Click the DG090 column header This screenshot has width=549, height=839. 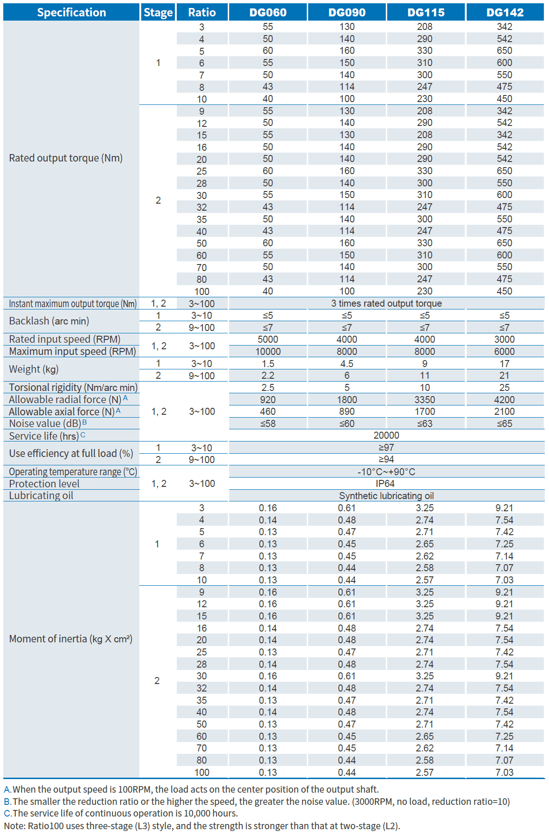pyautogui.click(x=347, y=12)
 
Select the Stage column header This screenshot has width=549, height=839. pyautogui.click(x=158, y=12)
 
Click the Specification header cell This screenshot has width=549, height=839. pyautogui.click(x=72, y=12)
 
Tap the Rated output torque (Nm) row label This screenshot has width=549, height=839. pyautogui.click(x=66, y=158)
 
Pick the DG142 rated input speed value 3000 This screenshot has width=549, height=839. pyautogui.click(x=504, y=339)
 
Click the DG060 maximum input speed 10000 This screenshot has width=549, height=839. pyautogui.click(x=268, y=352)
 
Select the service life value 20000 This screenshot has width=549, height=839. pyautogui.click(x=386, y=435)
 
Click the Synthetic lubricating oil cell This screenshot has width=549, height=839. pyautogui.click(x=386, y=496)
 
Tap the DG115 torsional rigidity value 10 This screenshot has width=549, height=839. pyautogui.click(x=425, y=388)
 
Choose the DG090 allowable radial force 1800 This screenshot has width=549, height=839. pyautogui.click(x=347, y=400)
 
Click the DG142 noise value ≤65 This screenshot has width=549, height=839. pyautogui.click(x=504, y=424)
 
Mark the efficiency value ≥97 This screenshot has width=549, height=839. pyautogui.click(x=386, y=448)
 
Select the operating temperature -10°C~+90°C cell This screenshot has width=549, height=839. pyautogui.click(x=386, y=472)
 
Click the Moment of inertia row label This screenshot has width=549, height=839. pyautogui.click(x=71, y=639)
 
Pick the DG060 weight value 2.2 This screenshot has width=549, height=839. pyautogui.click(x=268, y=375)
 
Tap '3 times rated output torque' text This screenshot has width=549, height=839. pyautogui.click(x=386, y=303)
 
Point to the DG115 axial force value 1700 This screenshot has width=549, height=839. pyautogui.click(x=425, y=412)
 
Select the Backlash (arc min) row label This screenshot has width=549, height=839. pyautogui.click(x=49, y=321)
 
